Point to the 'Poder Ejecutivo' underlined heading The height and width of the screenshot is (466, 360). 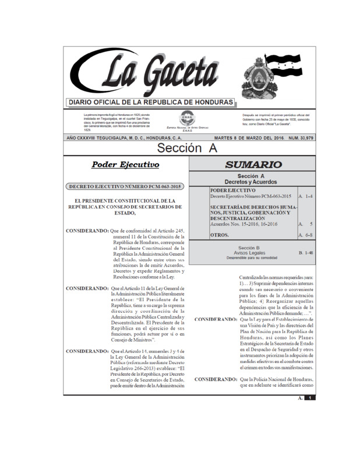pyautogui.click(x=126, y=164)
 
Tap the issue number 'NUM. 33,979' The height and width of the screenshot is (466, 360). pyautogui.click(x=296, y=137)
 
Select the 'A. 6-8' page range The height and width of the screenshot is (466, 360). pyautogui.click(x=305, y=235)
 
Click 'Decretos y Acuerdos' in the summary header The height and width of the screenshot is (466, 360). pyautogui.click(x=251, y=182)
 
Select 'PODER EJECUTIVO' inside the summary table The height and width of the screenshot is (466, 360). pyautogui.click(x=232, y=190)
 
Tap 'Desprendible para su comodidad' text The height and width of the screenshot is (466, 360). pyautogui.click(x=251, y=258)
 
